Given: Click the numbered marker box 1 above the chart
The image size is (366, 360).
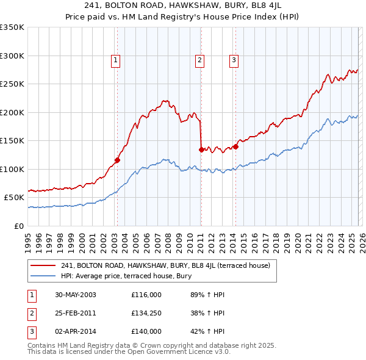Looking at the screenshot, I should click(116, 60).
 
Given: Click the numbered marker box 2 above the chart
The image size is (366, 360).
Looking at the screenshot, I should click(200, 60).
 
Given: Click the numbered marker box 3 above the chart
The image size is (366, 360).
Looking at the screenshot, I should click(234, 60).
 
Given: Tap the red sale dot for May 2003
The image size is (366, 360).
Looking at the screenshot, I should click(117, 160).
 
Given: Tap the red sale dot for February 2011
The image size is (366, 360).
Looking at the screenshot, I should click(201, 149).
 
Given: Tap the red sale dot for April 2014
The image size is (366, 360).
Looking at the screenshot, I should click(235, 146).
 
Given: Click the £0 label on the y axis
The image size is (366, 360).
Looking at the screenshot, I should click(18, 226).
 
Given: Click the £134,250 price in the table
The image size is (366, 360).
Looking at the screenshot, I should click(146, 313).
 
